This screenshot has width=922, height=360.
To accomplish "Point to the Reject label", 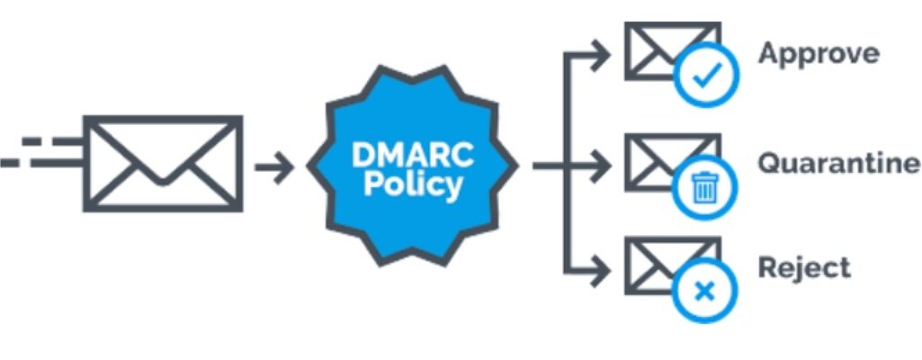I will (803, 267).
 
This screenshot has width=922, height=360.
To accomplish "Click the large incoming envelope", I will (162, 163).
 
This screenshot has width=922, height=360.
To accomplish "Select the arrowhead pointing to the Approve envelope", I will (601, 55).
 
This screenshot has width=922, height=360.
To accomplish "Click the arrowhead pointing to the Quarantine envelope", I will (601, 166).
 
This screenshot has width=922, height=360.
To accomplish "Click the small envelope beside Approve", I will (664, 49).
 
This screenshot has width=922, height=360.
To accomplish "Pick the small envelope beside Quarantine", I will (661, 160).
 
